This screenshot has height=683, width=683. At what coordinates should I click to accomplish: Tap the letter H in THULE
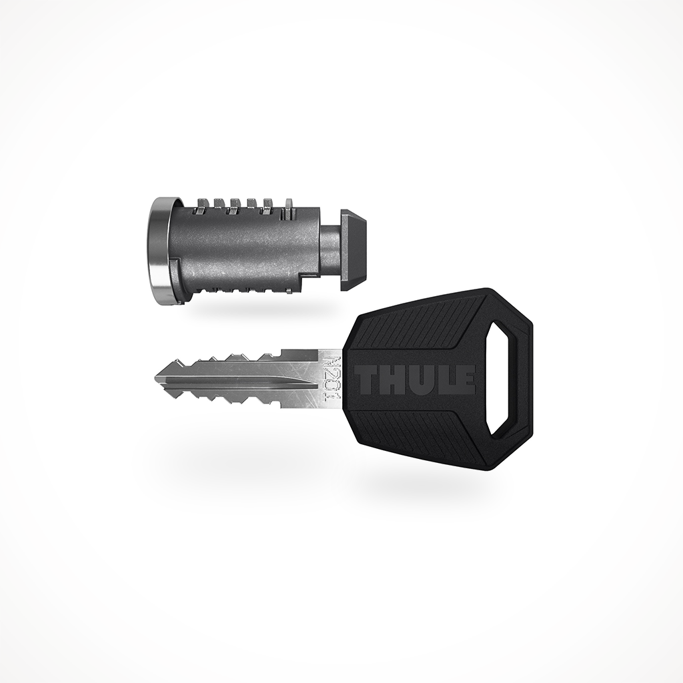[392, 380]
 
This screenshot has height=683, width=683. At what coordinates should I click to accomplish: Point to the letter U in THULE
[417, 380]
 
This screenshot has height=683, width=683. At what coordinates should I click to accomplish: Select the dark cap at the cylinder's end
[354, 249]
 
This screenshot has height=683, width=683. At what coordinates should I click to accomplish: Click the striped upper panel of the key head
[414, 323]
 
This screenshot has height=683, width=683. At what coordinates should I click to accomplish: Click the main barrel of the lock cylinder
[240, 247]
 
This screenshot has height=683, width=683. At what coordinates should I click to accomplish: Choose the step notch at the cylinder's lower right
[308, 280]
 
